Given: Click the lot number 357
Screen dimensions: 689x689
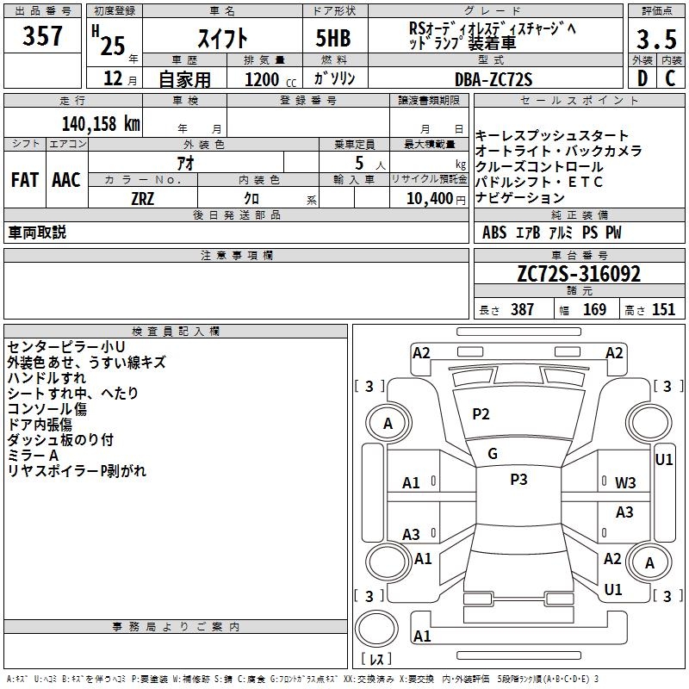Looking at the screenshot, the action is coord(42,35).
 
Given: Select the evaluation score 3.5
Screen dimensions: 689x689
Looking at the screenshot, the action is coord(656,40).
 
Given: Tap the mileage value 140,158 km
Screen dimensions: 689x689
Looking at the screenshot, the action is coord(101,124).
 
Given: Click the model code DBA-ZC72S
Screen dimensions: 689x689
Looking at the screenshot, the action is coord(493,79).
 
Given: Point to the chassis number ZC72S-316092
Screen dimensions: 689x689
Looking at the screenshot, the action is coord(579,274).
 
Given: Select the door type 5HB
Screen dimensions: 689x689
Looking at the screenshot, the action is coord(333,38).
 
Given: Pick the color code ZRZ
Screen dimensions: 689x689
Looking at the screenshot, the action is coord(142,199).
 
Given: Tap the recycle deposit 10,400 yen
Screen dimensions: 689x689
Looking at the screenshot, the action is coord(436,199).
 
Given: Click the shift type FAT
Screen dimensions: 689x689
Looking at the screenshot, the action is coord(25,180).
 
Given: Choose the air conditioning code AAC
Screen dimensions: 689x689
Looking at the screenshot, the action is coord(66,180).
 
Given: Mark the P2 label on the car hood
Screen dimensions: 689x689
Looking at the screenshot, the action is coord(481,414).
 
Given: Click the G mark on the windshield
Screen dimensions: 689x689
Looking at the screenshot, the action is coord(493,453).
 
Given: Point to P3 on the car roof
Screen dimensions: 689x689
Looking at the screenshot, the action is coord(518,480).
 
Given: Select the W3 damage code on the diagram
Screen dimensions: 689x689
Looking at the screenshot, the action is coord(625,483).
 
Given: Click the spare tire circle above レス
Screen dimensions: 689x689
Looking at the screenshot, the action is coord(376,629).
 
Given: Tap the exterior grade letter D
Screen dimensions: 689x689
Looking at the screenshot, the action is coord(642,78).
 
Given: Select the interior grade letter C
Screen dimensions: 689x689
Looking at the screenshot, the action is coord(670,78).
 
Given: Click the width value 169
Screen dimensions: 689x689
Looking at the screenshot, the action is coord(594,309).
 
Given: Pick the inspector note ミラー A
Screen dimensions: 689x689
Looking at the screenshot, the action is coord(33,456).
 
